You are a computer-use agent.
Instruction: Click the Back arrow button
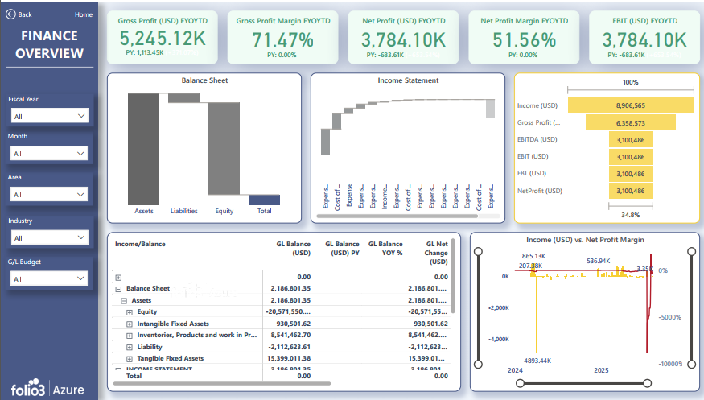11,14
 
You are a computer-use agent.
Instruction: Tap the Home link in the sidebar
84,14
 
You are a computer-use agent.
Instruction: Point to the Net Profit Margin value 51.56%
524,39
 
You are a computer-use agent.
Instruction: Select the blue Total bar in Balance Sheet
264,200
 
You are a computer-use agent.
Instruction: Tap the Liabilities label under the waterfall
184,212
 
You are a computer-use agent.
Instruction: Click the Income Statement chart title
408,80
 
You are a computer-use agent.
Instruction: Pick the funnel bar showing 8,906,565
630,105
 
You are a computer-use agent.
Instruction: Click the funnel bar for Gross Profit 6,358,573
630,122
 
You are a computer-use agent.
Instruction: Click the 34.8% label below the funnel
630,215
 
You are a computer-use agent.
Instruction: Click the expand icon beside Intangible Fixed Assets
130,324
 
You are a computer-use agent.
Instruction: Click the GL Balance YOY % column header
385,248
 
